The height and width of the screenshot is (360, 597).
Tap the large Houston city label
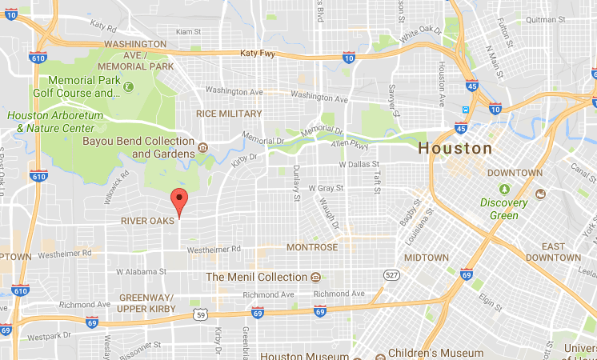[x=455, y=149]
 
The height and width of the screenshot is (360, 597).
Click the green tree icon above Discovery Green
[x=504, y=189]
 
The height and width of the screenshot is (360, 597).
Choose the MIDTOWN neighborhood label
[x=427, y=258]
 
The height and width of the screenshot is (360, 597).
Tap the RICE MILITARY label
[x=229, y=114]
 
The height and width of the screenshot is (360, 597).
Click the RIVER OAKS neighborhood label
[x=148, y=220]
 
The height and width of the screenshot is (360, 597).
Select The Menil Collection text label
[x=256, y=278]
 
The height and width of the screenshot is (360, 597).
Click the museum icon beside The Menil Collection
[x=316, y=278]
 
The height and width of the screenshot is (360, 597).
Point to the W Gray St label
[x=327, y=188]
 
